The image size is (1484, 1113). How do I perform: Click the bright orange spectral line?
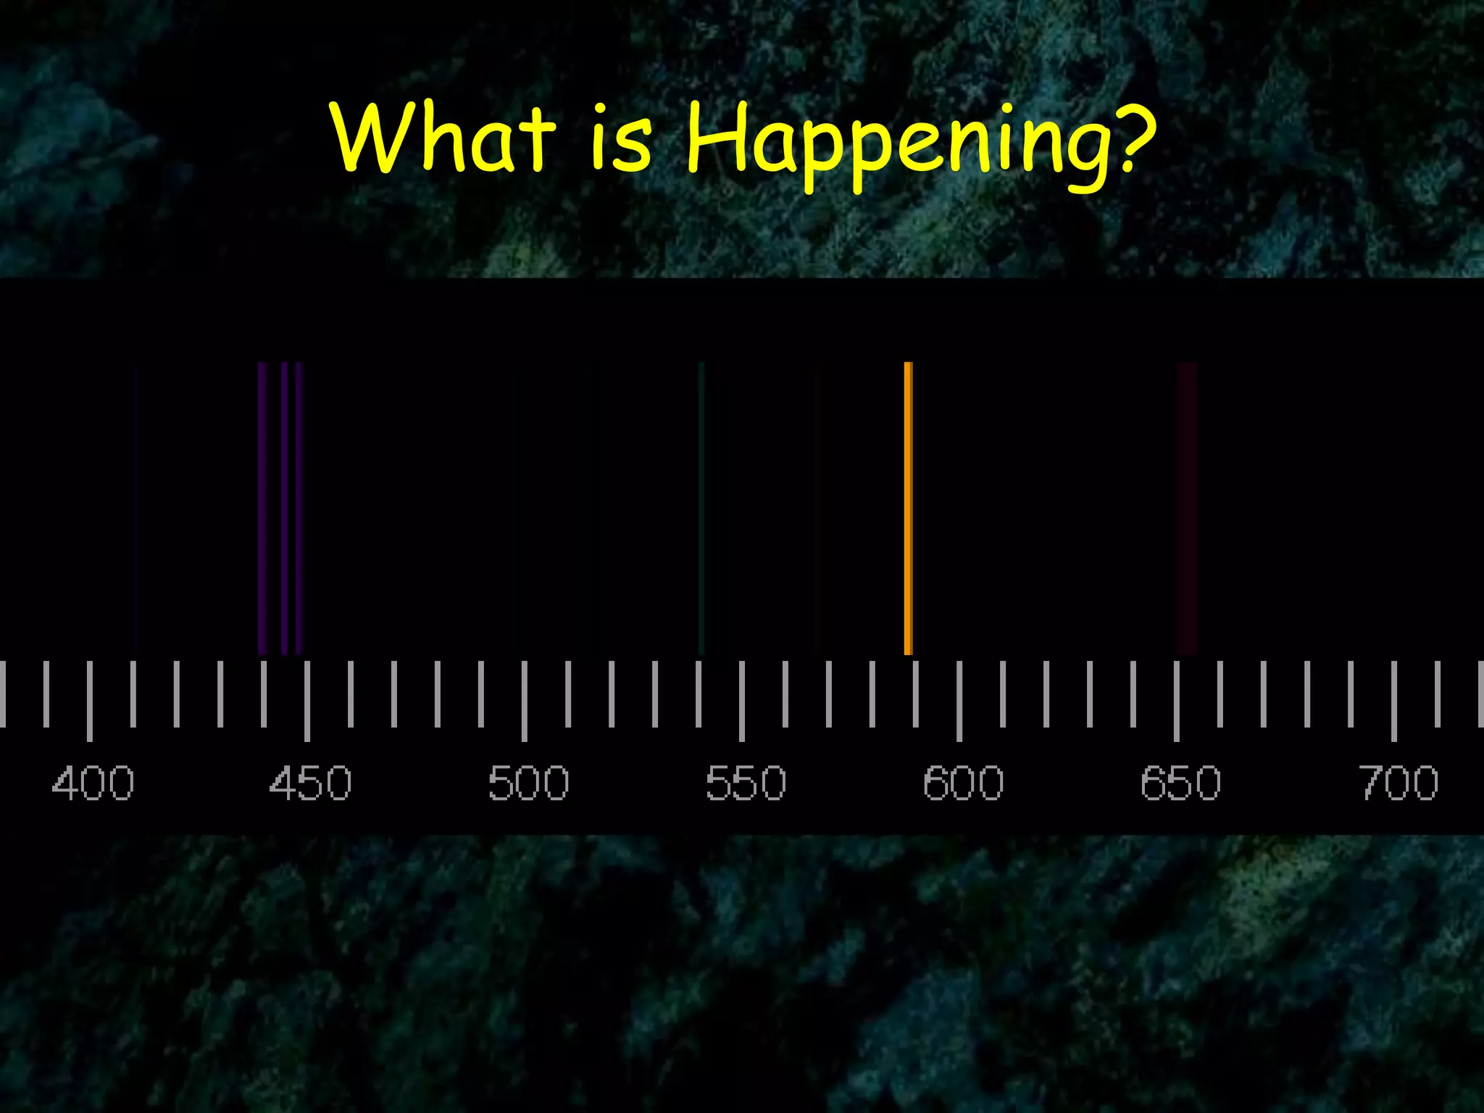[x=908, y=507]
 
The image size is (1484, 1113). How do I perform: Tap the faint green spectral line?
[x=701, y=507]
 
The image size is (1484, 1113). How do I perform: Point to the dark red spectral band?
[x=1186, y=507]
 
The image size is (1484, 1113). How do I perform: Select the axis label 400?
[x=93, y=783]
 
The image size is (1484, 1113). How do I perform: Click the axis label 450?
[x=310, y=783]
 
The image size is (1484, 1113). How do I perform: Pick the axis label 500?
[x=528, y=783]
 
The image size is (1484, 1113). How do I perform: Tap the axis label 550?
[x=746, y=783]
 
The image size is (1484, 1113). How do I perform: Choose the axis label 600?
[x=963, y=783]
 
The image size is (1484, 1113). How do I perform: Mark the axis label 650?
[x=1180, y=783]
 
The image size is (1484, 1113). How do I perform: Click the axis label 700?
[x=1398, y=783]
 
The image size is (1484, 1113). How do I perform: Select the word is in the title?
[x=622, y=138]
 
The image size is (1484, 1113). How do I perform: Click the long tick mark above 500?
[x=524, y=700]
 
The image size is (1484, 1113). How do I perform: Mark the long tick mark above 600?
[x=959, y=700]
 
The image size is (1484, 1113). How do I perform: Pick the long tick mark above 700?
[x=1394, y=700]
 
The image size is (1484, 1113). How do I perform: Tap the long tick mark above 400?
[x=89, y=700]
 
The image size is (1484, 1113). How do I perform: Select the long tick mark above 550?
[x=741, y=700]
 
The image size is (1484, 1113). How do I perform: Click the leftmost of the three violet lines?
[x=262, y=507]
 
